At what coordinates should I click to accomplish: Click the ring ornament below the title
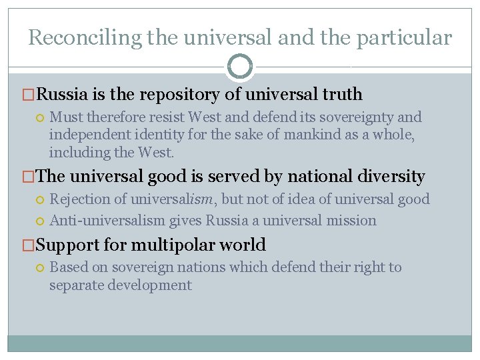coord(240,66)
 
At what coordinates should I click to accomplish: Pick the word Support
coord(67,245)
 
